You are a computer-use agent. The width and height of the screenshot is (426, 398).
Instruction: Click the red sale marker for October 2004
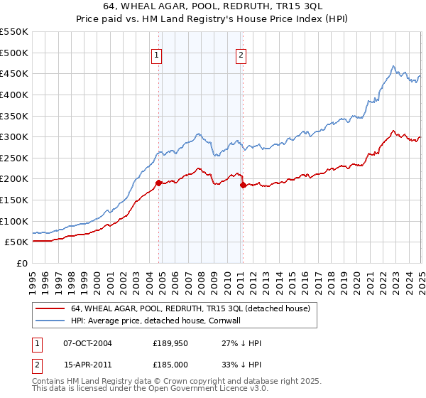158,183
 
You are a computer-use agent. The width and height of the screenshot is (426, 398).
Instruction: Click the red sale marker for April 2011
243,185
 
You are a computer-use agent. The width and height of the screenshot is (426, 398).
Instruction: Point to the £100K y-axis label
15,221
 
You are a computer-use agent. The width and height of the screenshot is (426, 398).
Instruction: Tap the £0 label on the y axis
23,263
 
